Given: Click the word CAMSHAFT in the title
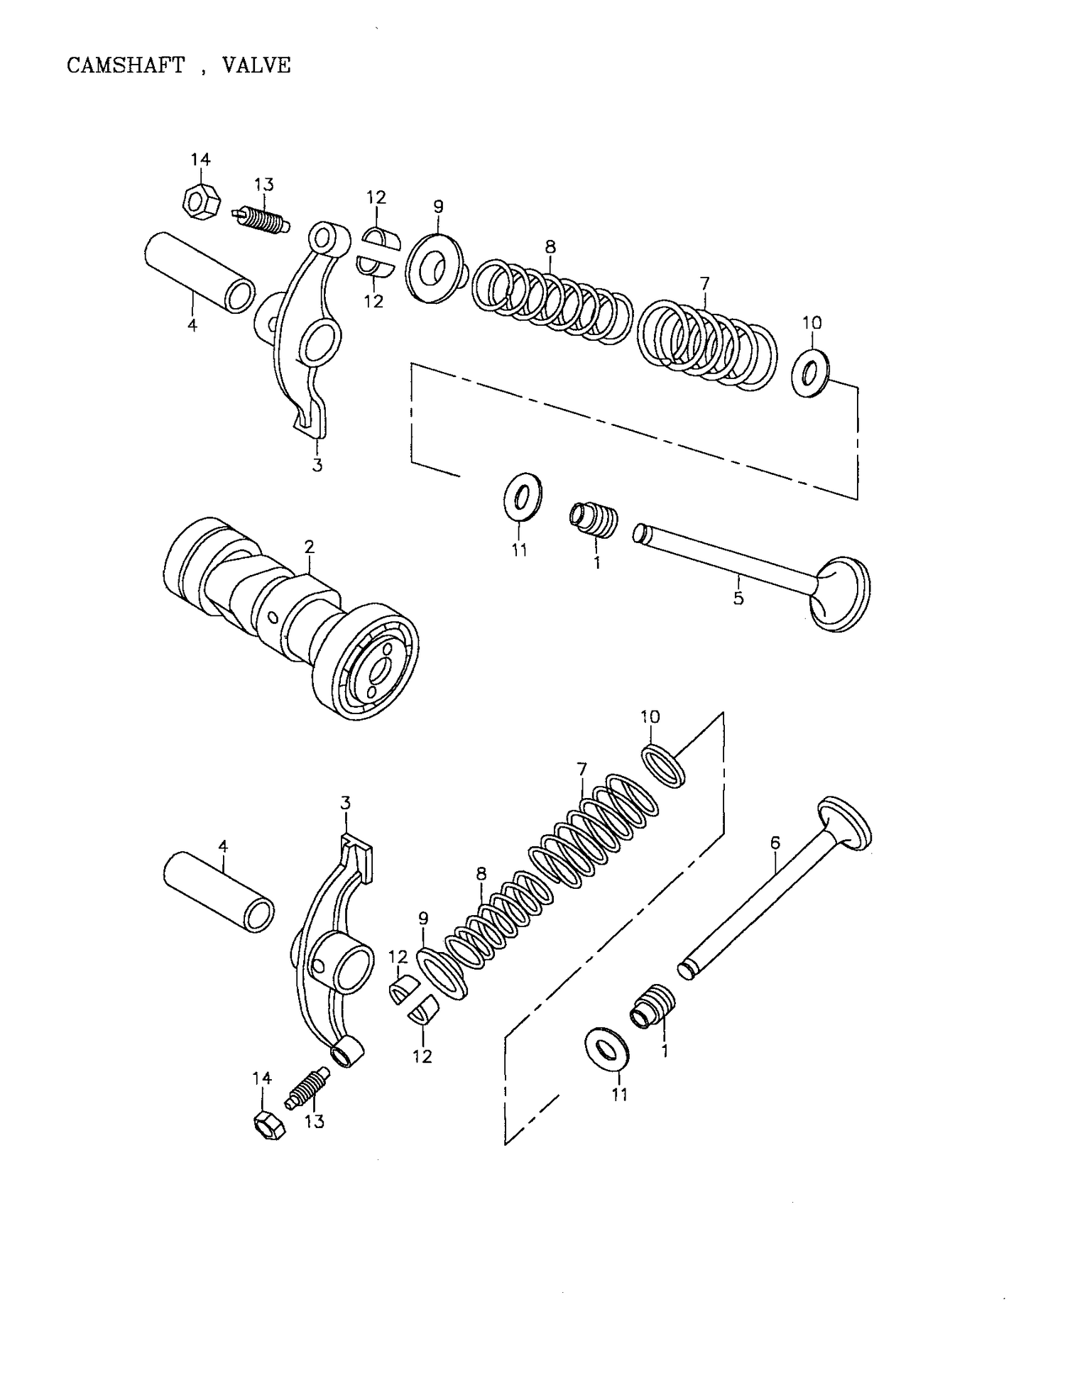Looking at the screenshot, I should [126, 65].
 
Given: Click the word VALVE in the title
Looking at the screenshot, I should [256, 65].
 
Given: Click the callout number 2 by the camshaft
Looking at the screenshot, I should [309, 547].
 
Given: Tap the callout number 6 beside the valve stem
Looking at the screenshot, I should [775, 843].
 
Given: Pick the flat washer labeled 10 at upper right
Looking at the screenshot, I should [811, 372].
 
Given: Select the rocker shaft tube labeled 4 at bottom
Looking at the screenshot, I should [219, 892].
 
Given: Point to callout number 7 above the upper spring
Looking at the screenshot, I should [704, 283].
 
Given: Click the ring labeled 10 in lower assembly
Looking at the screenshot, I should [665, 766].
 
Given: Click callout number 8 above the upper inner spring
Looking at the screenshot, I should [550, 247].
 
